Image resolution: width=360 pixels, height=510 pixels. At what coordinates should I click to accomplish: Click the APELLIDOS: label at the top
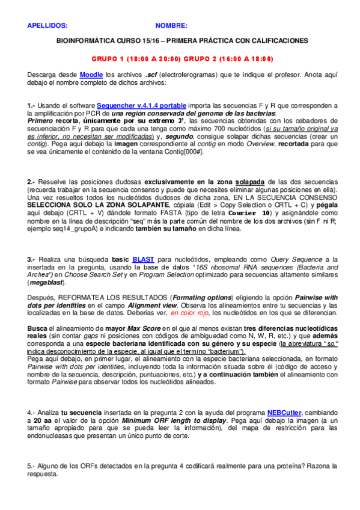point(47,26)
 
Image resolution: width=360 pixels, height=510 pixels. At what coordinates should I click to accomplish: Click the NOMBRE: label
point(171,26)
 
